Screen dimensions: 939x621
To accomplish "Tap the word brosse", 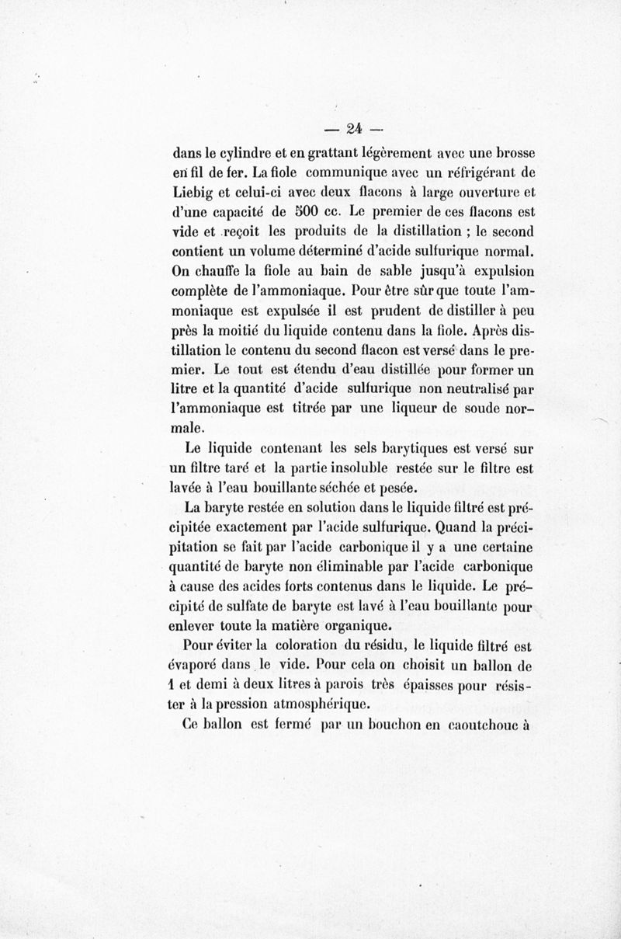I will pos(512,152).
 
